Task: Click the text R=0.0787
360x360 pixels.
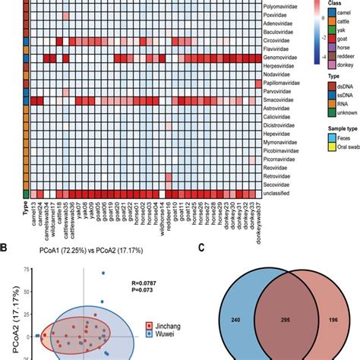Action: click(x=154, y=282)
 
